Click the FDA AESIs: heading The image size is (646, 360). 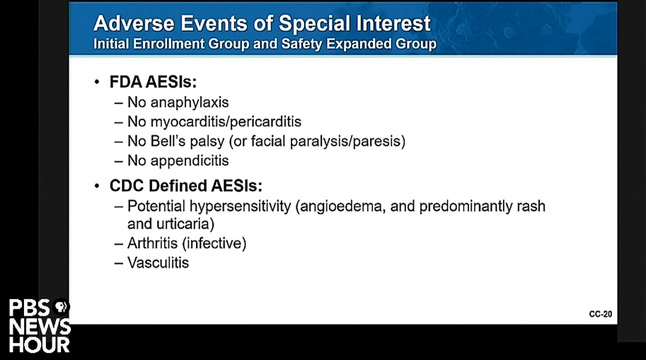[153, 82]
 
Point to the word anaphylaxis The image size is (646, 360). [190, 103]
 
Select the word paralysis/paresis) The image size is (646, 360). [347, 141]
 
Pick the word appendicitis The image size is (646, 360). [190, 161]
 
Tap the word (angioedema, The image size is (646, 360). [341, 207]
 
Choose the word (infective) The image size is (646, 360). [214, 243]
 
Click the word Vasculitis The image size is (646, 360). [158, 263]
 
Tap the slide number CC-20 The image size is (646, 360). [600, 314]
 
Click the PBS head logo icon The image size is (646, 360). [61, 307]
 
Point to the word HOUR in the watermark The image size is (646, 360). [40, 345]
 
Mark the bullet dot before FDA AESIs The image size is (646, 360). [97, 82]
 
